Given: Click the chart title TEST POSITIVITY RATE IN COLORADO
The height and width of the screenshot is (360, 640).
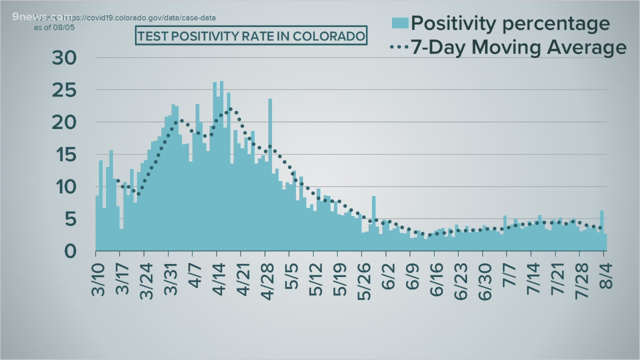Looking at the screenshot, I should tap(251, 36).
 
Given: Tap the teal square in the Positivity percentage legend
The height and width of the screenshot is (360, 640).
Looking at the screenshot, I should tap(400, 23).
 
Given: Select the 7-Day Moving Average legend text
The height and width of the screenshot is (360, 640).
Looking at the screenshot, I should tap(518, 47).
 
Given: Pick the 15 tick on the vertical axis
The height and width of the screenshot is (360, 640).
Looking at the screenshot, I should tap(64, 155).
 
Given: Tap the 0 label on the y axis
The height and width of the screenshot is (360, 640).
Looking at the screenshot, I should tap(70, 251).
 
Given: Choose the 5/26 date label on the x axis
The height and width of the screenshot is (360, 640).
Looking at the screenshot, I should tap(365, 282).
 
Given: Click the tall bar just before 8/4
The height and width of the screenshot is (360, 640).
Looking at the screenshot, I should tap(602, 230).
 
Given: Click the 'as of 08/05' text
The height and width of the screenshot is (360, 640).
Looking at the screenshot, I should tap(54, 28).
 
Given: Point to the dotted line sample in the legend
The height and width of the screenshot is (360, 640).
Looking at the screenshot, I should tap(399, 47).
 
